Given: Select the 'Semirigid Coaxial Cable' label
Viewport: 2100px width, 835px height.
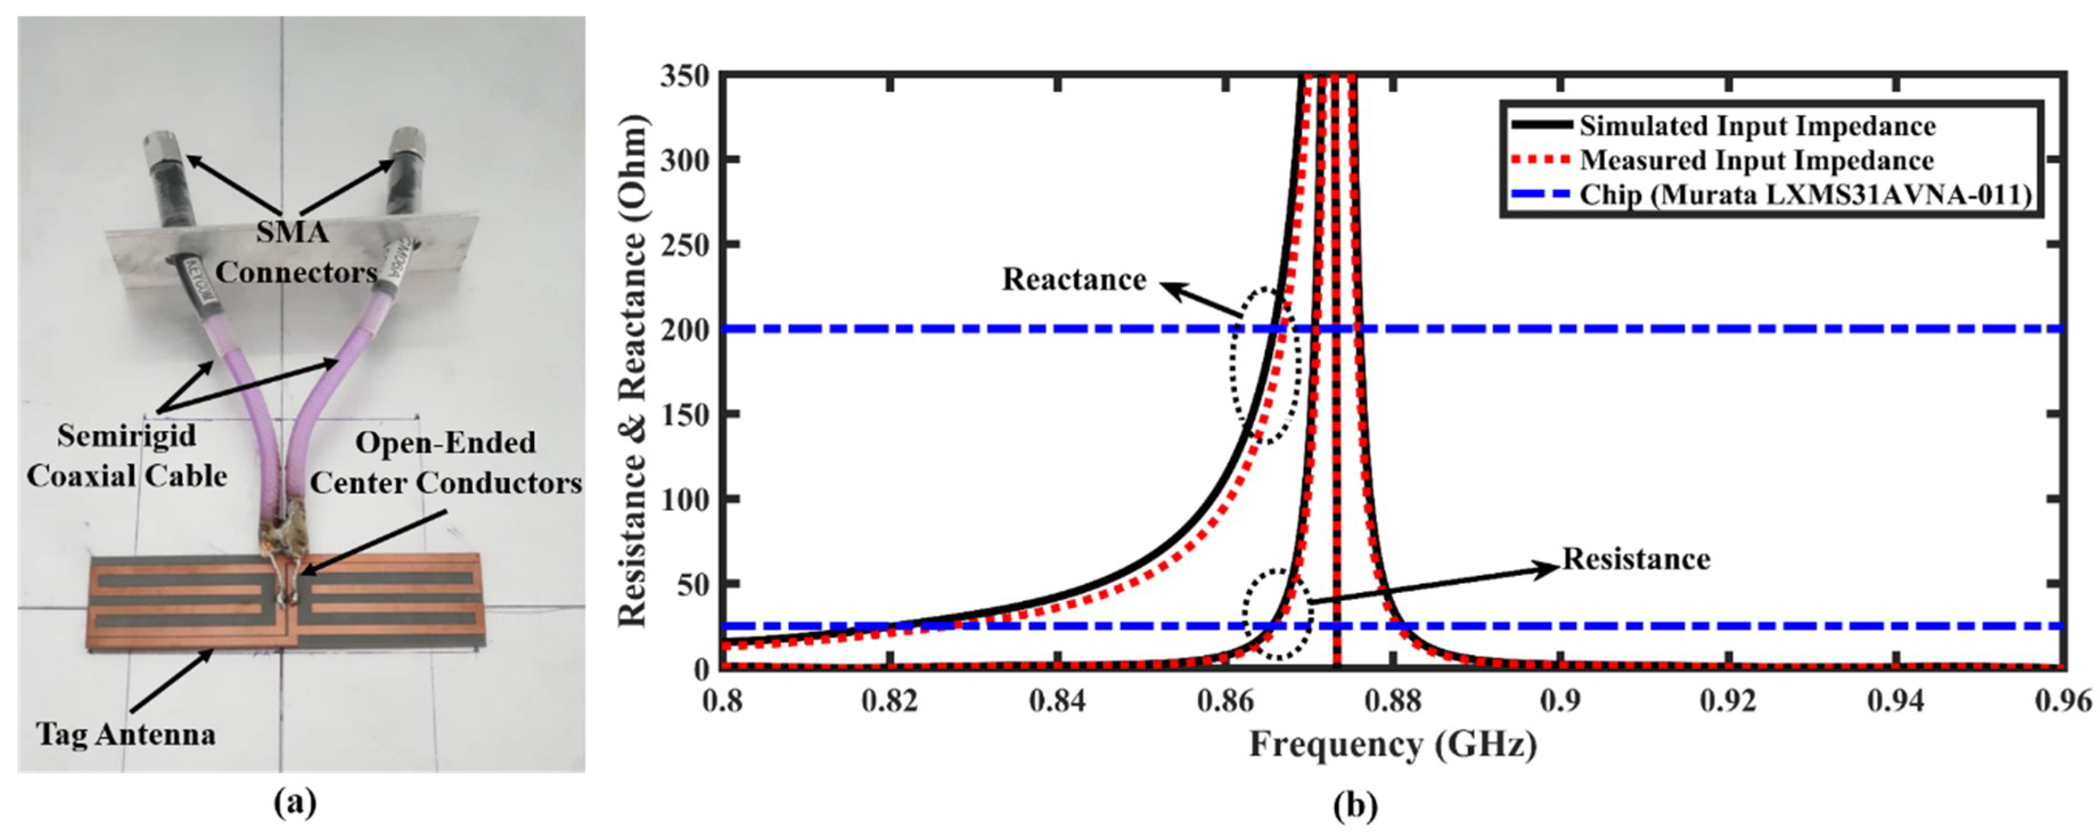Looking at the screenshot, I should [126, 455].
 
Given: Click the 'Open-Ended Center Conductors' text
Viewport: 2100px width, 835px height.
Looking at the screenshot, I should [445, 463].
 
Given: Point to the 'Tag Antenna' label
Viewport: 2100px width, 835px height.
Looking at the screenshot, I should [126, 735].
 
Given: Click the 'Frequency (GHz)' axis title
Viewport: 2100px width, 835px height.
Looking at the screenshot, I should [1392, 744].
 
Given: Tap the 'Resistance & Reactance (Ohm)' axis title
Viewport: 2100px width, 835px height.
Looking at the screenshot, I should [633, 371].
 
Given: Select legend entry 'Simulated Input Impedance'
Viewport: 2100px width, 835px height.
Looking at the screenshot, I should [1757, 126].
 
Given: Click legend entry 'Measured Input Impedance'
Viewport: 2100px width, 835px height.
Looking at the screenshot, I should [1756, 161].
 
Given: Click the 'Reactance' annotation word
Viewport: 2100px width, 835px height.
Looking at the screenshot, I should [1074, 279].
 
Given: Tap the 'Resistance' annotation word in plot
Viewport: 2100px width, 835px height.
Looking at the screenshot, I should [1635, 559].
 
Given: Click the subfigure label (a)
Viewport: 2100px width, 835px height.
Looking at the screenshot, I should [294, 804].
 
